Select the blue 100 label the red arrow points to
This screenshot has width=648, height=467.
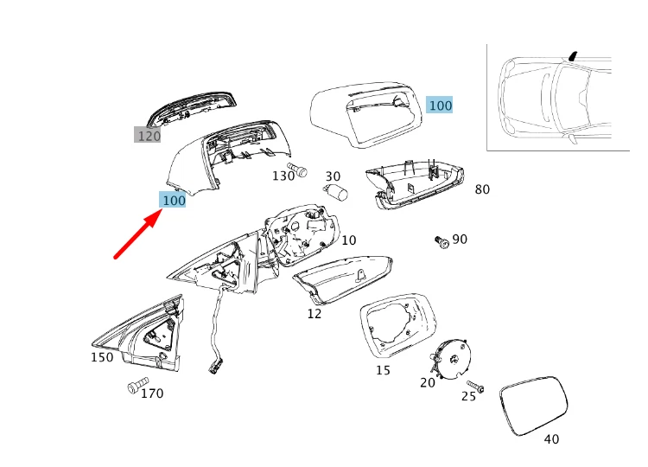(x=174, y=200)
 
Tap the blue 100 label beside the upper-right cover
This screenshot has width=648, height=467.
(x=440, y=105)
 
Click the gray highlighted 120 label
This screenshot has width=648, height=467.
(x=149, y=136)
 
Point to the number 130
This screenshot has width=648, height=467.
(x=283, y=176)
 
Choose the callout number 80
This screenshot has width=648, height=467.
(x=482, y=189)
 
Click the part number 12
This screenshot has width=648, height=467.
(x=314, y=313)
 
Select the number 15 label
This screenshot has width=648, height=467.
(x=383, y=370)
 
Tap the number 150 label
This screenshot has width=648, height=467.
(x=102, y=356)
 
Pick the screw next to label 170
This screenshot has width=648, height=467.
(x=136, y=387)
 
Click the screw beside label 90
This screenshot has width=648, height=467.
(x=442, y=242)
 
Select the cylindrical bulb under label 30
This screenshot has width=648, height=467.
(x=334, y=192)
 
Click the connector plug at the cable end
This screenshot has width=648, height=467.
(x=213, y=368)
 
